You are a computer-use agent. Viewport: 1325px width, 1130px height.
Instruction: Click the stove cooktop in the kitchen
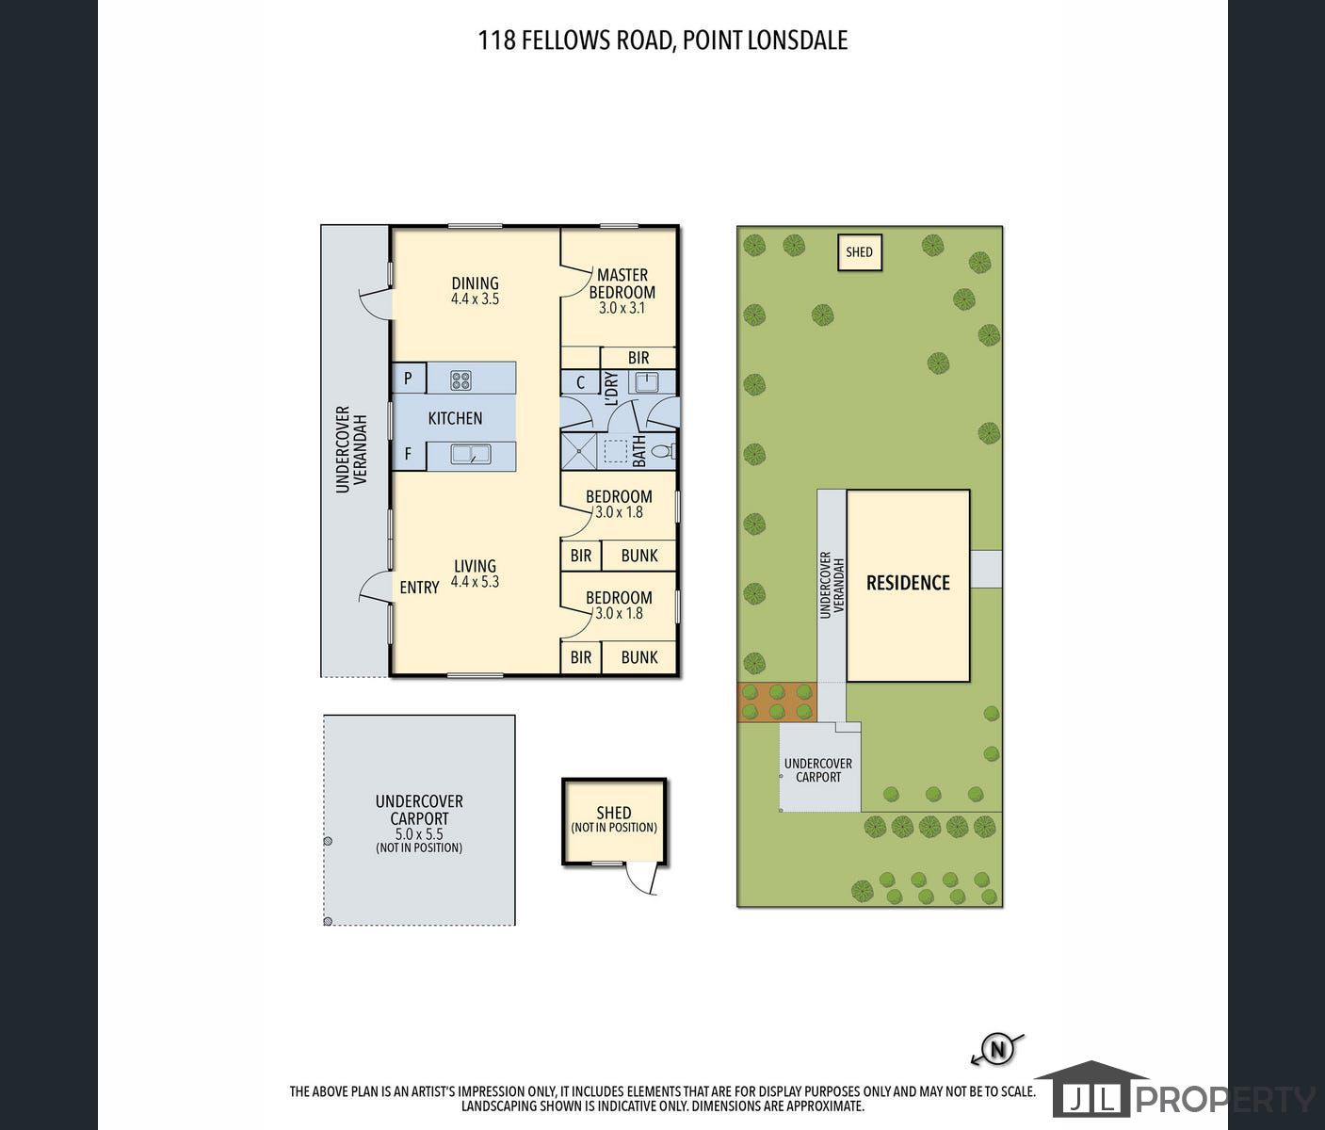[x=461, y=380]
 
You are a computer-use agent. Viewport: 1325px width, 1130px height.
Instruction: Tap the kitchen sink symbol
[x=471, y=455]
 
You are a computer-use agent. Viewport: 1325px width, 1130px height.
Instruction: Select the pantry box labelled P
[x=409, y=379]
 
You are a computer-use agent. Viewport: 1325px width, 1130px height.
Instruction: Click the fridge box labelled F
[x=409, y=455]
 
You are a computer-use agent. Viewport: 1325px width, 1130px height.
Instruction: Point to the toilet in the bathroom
[x=664, y=451]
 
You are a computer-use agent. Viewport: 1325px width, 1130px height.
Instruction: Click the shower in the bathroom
[x=579, y=451]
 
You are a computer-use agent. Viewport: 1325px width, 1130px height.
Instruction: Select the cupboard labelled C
[x=580, y=382]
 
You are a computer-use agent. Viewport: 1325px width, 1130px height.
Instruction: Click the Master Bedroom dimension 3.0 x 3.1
[x=622, y=308]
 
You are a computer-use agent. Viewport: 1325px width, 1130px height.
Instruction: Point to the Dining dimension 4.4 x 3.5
[x=475, y=299]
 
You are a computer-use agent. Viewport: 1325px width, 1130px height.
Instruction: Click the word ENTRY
[x=419, y=588]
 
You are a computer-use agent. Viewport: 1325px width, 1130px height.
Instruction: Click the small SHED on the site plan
[x=860, y=252]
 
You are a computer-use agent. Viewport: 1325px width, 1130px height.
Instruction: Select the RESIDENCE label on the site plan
[x=908, y=583]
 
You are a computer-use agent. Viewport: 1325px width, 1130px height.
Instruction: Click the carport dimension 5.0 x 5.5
[x=419, y=834]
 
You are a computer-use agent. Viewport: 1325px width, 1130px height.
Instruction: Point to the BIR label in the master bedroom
[x=638, y=358]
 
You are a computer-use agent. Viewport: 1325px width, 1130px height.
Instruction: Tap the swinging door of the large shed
[x=641, y=880]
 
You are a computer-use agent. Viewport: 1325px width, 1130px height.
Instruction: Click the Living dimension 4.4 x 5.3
[x=475, y=582]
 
